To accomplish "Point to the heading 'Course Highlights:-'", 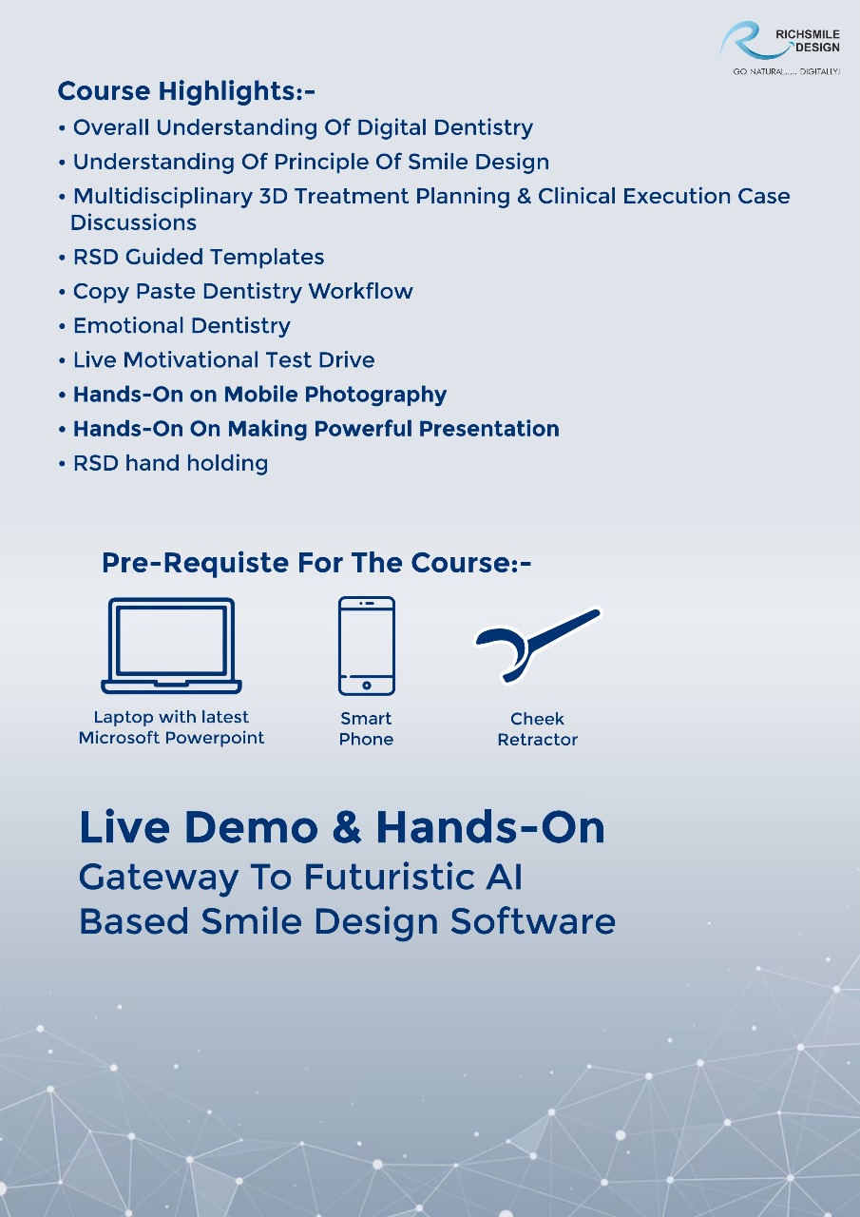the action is pos(186,90).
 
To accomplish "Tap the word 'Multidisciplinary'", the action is pos(162,197).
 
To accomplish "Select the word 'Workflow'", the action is pos(360,291).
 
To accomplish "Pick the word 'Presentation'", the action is pos(488,429).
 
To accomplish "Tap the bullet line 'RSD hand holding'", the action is pos(170,463).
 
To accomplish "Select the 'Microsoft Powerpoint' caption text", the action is pos(171,738).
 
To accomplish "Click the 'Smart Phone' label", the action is pos(366,728).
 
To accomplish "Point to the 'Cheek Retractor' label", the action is pos(538,729).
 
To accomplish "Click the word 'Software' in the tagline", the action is pos(533,922).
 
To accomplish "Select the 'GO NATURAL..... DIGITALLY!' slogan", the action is pos(786,71).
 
